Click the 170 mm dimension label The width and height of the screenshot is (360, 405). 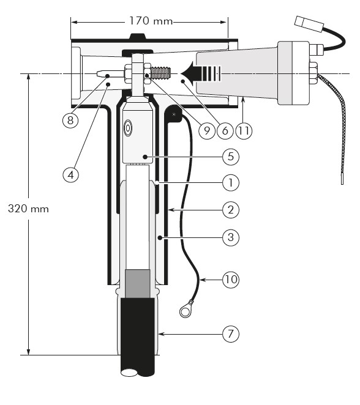point(151,21)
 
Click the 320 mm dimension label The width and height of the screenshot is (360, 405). point(28,209)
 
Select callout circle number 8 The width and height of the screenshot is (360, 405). point(70,120)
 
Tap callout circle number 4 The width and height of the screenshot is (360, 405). point(70,175)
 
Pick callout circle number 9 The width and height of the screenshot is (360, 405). point(207,131)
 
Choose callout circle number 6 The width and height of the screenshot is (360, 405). point(225,131)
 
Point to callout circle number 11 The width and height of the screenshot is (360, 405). point(244,131)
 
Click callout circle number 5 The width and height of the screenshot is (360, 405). point(231,157)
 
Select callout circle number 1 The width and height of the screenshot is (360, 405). point(231,183)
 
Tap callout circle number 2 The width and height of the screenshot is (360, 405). point(231,210)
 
